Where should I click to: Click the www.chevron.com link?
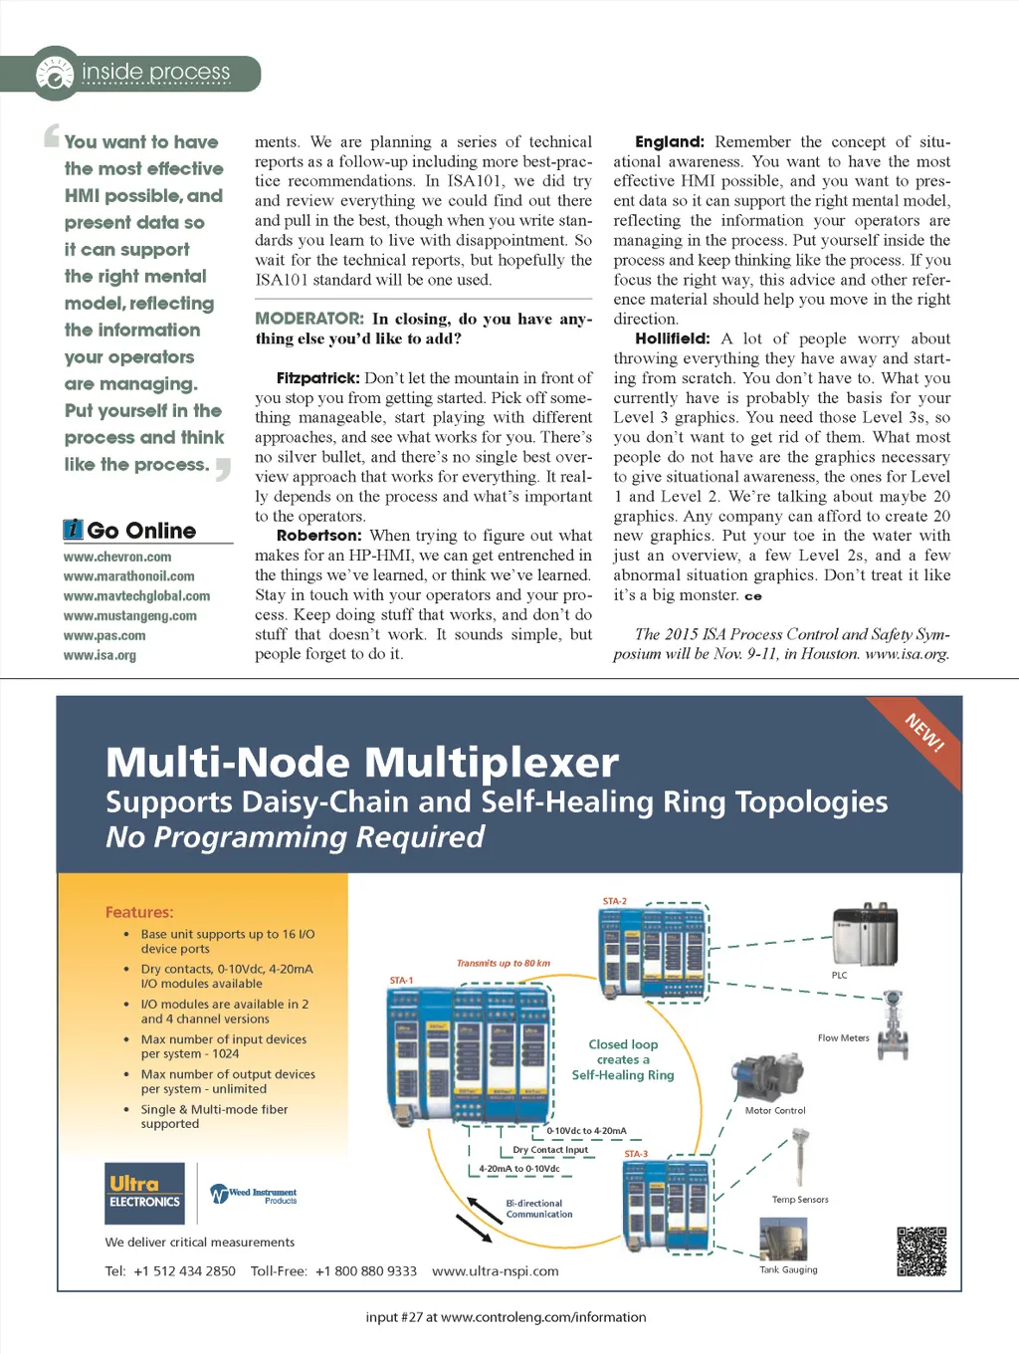point(117,558)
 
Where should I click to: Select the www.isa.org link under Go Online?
point(100,656)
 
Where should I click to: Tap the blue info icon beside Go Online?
point(74,530)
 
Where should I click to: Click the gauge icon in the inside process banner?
point(55,74)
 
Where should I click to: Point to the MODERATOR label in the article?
point(309,319)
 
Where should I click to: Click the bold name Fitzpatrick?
point(317,378)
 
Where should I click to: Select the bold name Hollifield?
point(673,338)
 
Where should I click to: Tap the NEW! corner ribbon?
point(924,733)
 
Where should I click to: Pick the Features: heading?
point(139,912)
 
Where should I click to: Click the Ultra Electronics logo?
point(145,1193)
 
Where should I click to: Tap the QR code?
point(921,1251)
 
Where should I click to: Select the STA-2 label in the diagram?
point(615,901)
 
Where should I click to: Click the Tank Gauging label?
point(788,1269)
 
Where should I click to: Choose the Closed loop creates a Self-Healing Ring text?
point(623,1059)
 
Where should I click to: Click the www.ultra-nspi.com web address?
point(496,1271)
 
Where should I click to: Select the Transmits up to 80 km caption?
point(504,963)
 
